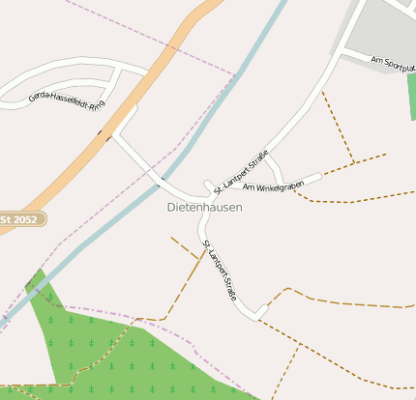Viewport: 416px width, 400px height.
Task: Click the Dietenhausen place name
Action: point(204,207)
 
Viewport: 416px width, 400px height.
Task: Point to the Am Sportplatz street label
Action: point(393,65)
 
